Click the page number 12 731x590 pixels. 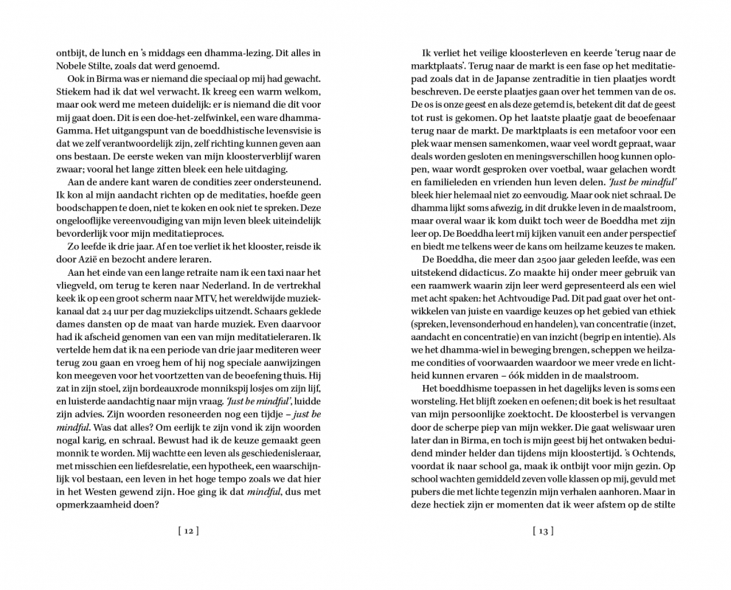188,530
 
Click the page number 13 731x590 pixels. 542,530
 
